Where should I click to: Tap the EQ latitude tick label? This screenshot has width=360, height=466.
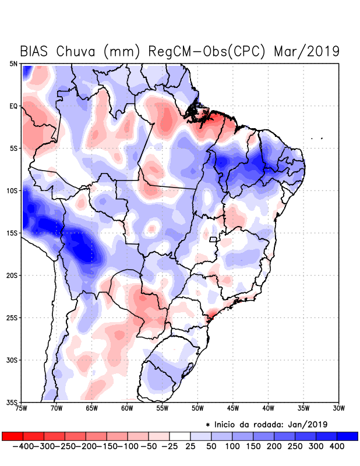coord(13,106)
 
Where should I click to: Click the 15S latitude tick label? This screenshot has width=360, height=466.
coord(12,233)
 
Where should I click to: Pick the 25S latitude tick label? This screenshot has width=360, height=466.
coord(12,317)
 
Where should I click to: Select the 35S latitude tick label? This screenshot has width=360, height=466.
coord(12,402)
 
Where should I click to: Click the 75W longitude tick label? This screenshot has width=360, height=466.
coord(22,408)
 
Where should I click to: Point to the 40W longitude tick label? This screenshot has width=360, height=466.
coord(268,408)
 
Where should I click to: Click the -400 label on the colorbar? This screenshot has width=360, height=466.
coord(23,446)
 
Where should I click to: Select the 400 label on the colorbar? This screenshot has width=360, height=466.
coord(336,446)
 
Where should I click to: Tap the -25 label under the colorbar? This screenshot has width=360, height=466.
coord(170,446)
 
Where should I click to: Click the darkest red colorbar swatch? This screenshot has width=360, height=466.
coord(12,436)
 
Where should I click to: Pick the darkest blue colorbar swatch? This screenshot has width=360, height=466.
coord(348,436)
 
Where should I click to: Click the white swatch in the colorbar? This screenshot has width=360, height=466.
coord(180,436)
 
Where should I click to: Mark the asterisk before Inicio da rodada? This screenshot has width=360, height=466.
coord(208,425)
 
